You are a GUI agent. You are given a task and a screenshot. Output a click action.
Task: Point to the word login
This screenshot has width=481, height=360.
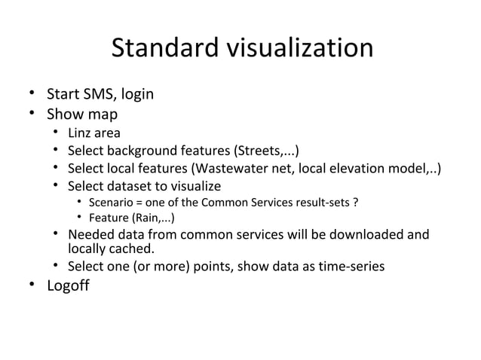(136, 96)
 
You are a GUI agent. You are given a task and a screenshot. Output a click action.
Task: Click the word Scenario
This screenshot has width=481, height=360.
(111, 203)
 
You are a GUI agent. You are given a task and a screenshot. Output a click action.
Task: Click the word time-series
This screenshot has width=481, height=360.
(351, 267)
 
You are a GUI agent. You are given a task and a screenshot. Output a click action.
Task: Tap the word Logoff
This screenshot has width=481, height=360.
(68, 287)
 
